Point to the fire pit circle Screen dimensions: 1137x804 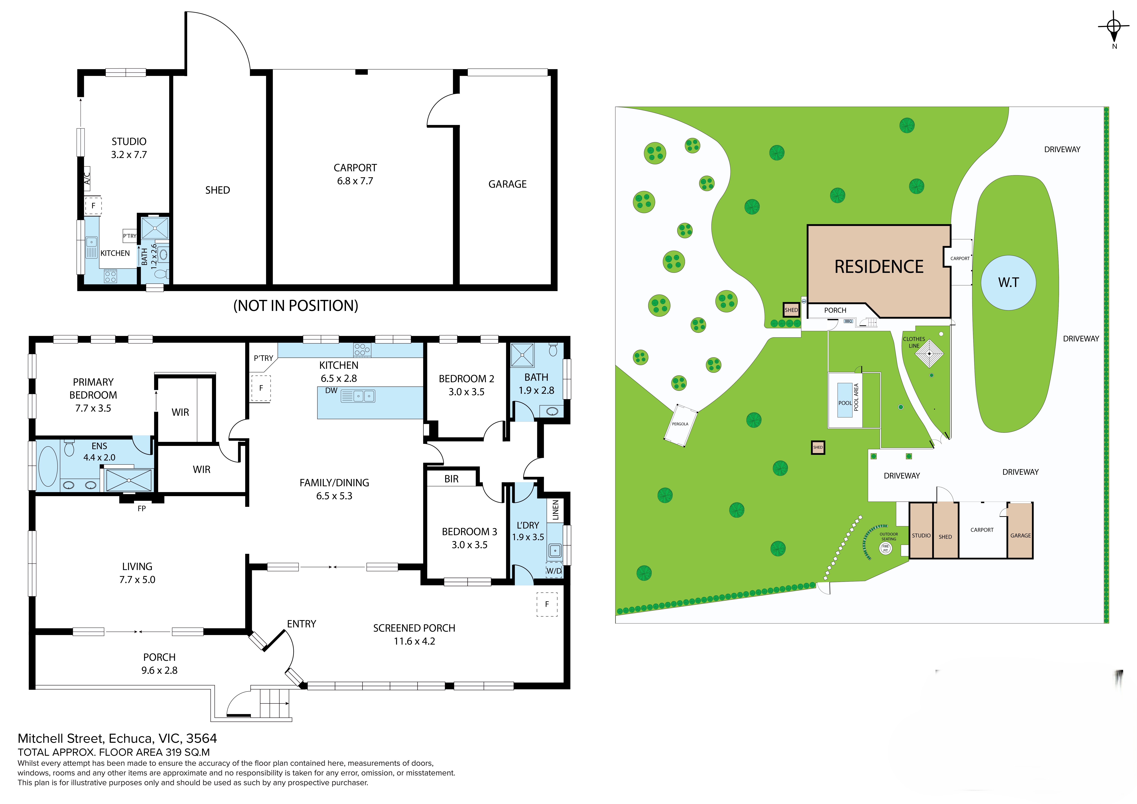885,548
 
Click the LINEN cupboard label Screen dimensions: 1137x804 556,510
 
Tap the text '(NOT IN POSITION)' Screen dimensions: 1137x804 296,305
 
